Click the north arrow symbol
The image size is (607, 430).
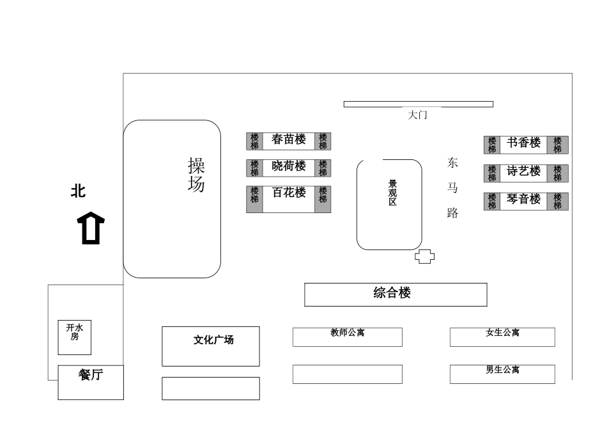coord(91,228)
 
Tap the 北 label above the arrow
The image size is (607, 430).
coord(78,191)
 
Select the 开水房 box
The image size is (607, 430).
coord(75,337)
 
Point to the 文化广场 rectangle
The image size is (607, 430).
coord(211,346)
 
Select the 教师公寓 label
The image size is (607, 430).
coord(348,333)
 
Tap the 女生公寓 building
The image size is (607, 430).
coord(502,337)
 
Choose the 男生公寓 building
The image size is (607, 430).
coord(502,374)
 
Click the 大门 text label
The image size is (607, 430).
coord(417,115)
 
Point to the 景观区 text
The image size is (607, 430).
coord(392,193)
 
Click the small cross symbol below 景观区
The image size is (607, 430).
coord(425,257)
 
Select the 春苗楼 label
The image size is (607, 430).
coord(289,139)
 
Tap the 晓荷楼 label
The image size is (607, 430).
coord(289,166)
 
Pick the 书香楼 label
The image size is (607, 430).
coord(524,143)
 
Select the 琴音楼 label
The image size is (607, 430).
coord(524,200)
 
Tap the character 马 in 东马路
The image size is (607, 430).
coord(452,188)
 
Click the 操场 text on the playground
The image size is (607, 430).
coord(196,175)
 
